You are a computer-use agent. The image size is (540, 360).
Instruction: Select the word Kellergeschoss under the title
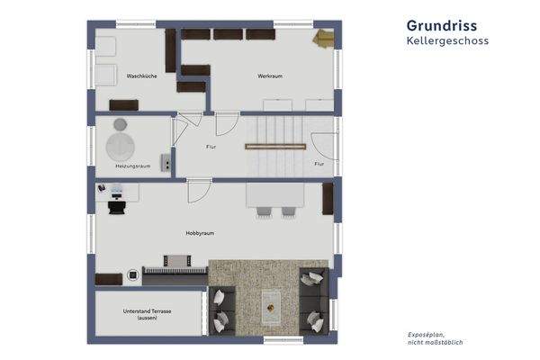pyautogui.click(x=446, y=40)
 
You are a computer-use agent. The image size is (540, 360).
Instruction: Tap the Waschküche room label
pyautogui.click(x=142, y=76)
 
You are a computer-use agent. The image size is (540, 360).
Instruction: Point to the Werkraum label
pyautogui.click(x=270, y=76)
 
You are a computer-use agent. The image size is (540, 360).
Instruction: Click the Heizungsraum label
pyautogui.click(x=131, y=166)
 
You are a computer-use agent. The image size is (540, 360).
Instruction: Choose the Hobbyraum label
pyautogui.click(x=199, y=233)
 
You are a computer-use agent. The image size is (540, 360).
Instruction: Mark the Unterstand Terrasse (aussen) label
pyautogui.click(x=148, y=314)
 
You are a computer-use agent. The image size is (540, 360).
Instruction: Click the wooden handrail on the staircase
pyautogui.click(x=274, y=145)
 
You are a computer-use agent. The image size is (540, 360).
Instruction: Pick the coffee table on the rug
pyautogui.click(x=269, y=306)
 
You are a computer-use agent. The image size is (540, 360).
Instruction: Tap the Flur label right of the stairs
pyautogui.click(x=319, y=165)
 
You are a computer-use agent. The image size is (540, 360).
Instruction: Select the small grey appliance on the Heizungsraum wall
pyautogui.click(x=166, y=161)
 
